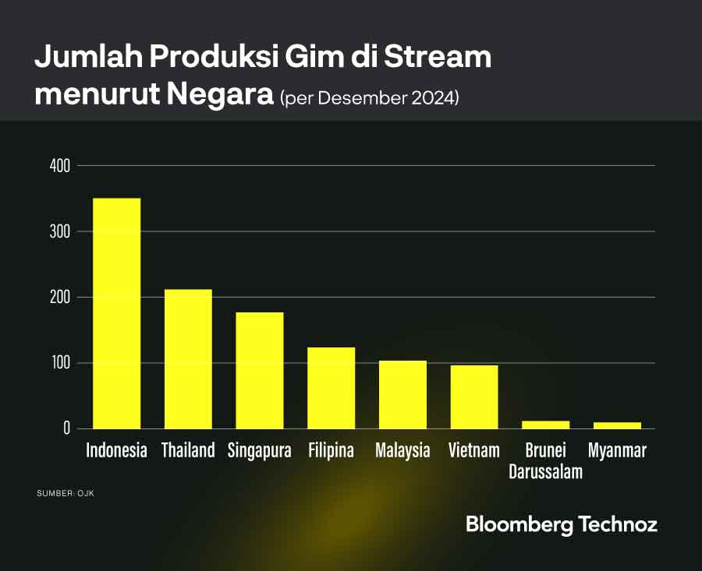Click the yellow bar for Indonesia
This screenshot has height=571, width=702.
117,313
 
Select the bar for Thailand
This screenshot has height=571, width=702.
188,358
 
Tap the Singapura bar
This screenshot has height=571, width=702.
260,370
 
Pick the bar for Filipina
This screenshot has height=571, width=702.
331,387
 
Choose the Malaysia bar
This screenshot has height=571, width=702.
402,394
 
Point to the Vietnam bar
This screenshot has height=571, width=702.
474,397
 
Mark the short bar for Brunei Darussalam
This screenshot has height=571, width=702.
546,425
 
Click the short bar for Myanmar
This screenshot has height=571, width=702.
617,425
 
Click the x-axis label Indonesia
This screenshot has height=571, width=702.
117,450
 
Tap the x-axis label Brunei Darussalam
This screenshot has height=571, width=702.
546,460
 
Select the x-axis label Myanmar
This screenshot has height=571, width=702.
617,450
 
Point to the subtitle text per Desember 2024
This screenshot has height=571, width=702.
369,99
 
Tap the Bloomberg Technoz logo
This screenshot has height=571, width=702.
562,524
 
